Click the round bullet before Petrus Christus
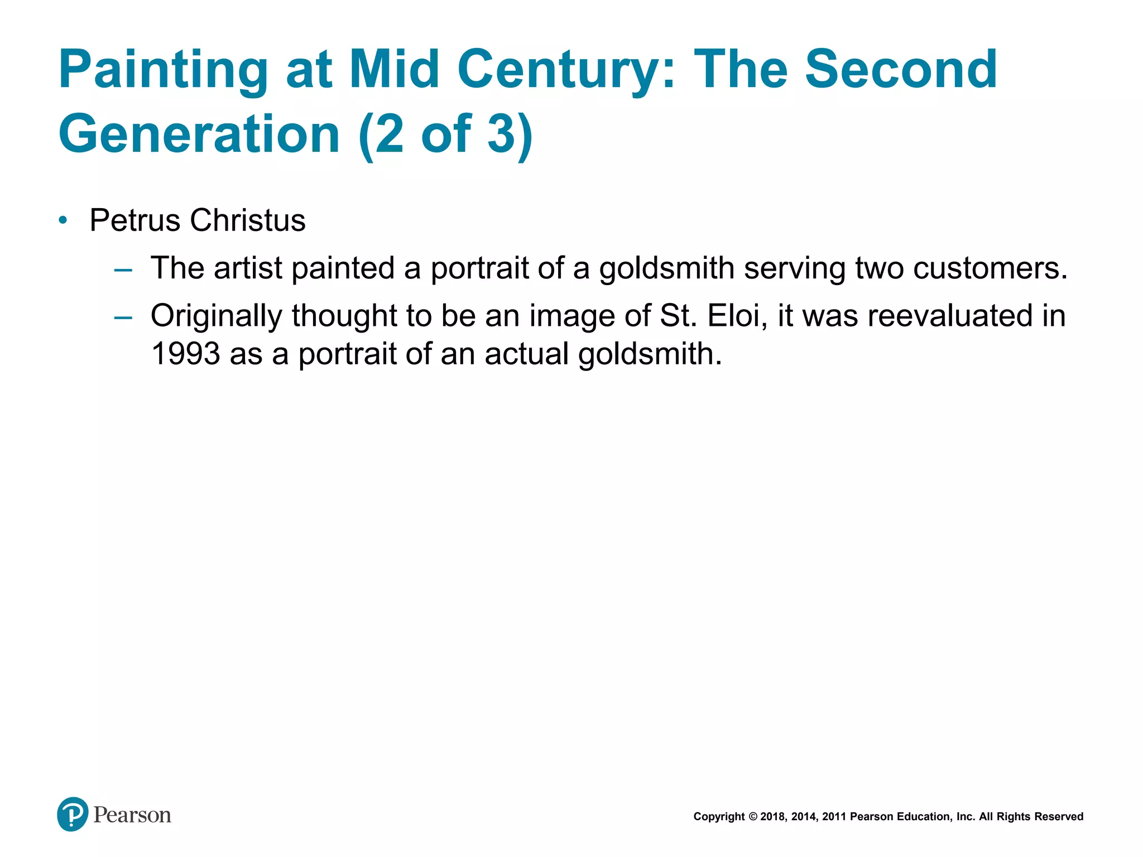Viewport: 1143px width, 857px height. (x=63, y=220)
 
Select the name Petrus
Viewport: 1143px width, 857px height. (x=135, y=220)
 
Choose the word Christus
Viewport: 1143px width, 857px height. (x=248, y=220)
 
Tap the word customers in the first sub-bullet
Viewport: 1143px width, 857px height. (x=990, y=268)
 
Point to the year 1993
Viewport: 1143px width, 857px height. (x=185, y=354)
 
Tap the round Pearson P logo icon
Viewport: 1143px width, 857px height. (x=73, y=814)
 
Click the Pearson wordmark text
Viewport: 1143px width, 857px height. (x=132, y=815)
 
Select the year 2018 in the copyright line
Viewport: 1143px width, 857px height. (x=772, y=817)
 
